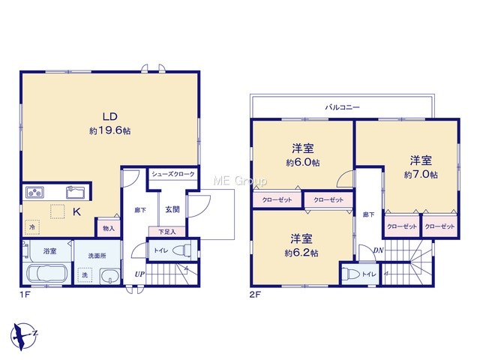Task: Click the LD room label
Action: tap(110, 116)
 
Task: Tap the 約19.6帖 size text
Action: tap(110, 131)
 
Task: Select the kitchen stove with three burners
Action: tap(34, 192)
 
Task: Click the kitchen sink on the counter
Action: tap(76, 192)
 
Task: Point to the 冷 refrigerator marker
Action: tap(32, 227)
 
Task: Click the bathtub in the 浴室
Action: tap(46, 273)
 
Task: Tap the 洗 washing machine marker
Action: tap(85, 274)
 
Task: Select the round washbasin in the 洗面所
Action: tap(110, 276)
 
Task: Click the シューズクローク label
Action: tap(173, 174)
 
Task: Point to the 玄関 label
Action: tap(172, 210)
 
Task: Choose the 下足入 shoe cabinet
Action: tap(167, 232)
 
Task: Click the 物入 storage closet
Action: tap(108, 228)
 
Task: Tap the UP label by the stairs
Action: tap(139, 274)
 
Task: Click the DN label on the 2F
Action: tap(378, 250)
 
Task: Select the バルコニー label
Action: tap(342, 107)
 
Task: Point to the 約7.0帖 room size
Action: tap(421, 175)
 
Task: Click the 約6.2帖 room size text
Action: tap(301, 253)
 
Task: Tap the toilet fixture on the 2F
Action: tap(350, 274)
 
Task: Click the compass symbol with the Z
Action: tap(23, 336)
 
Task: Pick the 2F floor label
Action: tap(255, 295)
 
